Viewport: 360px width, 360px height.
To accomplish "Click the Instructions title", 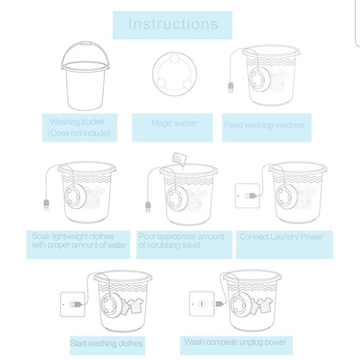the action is [x=173, y=24].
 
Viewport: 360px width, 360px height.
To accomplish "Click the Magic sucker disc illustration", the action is [x=174, y=74].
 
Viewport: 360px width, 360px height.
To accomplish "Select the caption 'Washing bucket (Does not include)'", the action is [x=79, y=127].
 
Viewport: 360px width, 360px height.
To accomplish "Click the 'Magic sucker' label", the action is [x=174, y=124].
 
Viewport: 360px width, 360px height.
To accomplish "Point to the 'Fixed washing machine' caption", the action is [x=264, y=125].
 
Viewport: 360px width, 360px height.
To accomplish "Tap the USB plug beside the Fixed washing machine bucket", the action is [x=231, y=88].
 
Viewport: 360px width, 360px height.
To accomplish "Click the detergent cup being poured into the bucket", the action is [x=179, y=159].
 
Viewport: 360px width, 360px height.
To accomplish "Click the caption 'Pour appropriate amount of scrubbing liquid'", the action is [x=181, y=241].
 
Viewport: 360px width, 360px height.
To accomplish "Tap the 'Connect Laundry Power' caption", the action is [x=281, y=236].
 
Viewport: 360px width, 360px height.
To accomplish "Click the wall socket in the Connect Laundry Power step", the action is [x=248, y=196].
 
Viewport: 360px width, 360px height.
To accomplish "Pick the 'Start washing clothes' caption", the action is [x=106, y=343].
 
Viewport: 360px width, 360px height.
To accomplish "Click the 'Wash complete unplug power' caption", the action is [x=235, y=343].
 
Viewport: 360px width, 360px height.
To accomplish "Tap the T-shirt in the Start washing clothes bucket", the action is [x=136, y=306].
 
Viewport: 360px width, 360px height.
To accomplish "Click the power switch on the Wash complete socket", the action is [x=202, y=304].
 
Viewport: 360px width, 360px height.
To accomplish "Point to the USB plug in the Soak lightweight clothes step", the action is [x=47, y=205].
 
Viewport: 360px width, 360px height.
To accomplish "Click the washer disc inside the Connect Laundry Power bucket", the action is [x=285, y=197].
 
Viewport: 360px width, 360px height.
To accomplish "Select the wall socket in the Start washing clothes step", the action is [x=73, y=304].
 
